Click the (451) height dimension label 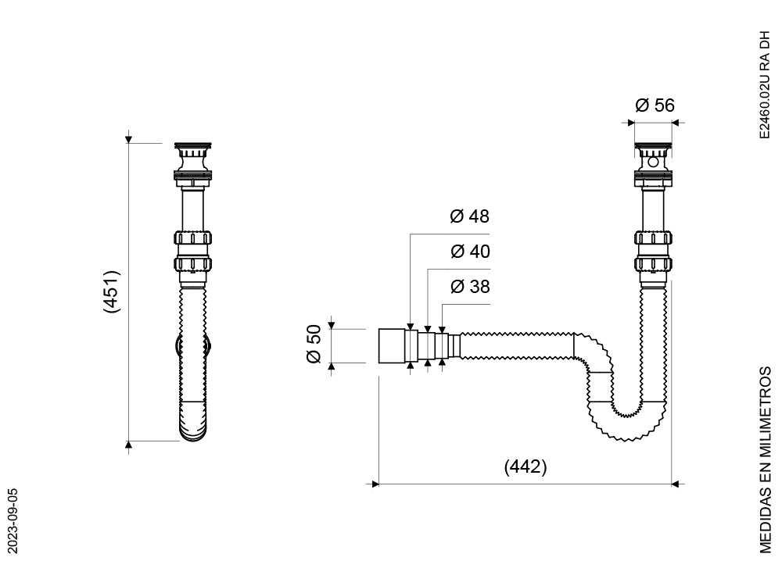pyautogui.click(x=112, y=292)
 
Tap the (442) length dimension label pyautogui.click(x=526, y=467)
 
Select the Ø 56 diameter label pyautogui.click(x=655, y=105)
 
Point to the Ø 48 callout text pyautogui.click(x=469, y=216)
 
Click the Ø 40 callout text pyautogui.click(x=470, y=251)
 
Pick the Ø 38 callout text pyautogui.click(x=470, y=287)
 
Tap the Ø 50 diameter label pyautogui.click(x=314, y=344)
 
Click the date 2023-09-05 pyautogui.click(x=13, y=520)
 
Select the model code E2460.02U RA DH pyautogui.click(x=765, y=85)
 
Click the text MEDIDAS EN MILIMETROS pyautogui.click(x=765, y=460)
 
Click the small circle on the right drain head pyautogui.click(x=653, y=162)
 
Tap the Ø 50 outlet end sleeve pyautogui.click(x=392, y=346)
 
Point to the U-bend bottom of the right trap pyautogui.click(x=626, y=423)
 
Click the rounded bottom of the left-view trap pyautogui.click(x=193, y=423)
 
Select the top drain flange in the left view pyautogui.click(x=193, y=147)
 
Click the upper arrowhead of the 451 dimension pyautogui.click(x=129, y=139)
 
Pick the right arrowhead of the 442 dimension pyautogui.click(x=676, y=484)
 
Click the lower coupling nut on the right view pyautogui.click(x=653, y=263)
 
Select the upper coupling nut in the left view pyautogui.click(x=193, y=238)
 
